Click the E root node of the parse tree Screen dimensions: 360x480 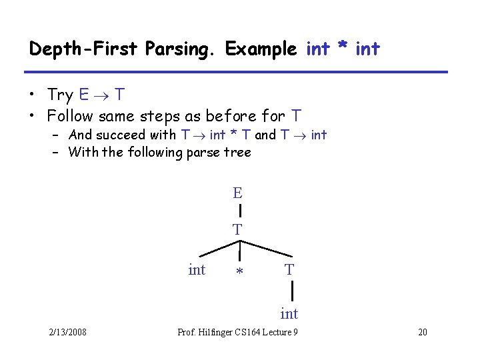coord(237,193)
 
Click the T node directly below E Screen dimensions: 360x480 coord(237,229)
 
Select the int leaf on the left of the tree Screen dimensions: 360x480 coord(197,270)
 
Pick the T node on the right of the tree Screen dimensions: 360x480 coord(289,270)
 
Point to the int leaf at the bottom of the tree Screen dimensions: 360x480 coord(289,313)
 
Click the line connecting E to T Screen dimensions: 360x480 coord(239,211)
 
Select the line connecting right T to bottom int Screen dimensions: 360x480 coord(292,291)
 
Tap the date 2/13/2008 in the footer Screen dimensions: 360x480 coord(67,333)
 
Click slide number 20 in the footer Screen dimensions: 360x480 coord(421,333)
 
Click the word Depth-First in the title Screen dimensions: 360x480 coord(72,49)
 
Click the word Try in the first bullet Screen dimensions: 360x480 coord(61,95)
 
